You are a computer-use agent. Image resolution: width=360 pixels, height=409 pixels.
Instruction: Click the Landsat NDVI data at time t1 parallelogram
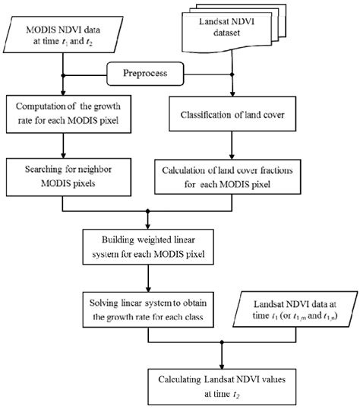(x=290, y=307)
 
